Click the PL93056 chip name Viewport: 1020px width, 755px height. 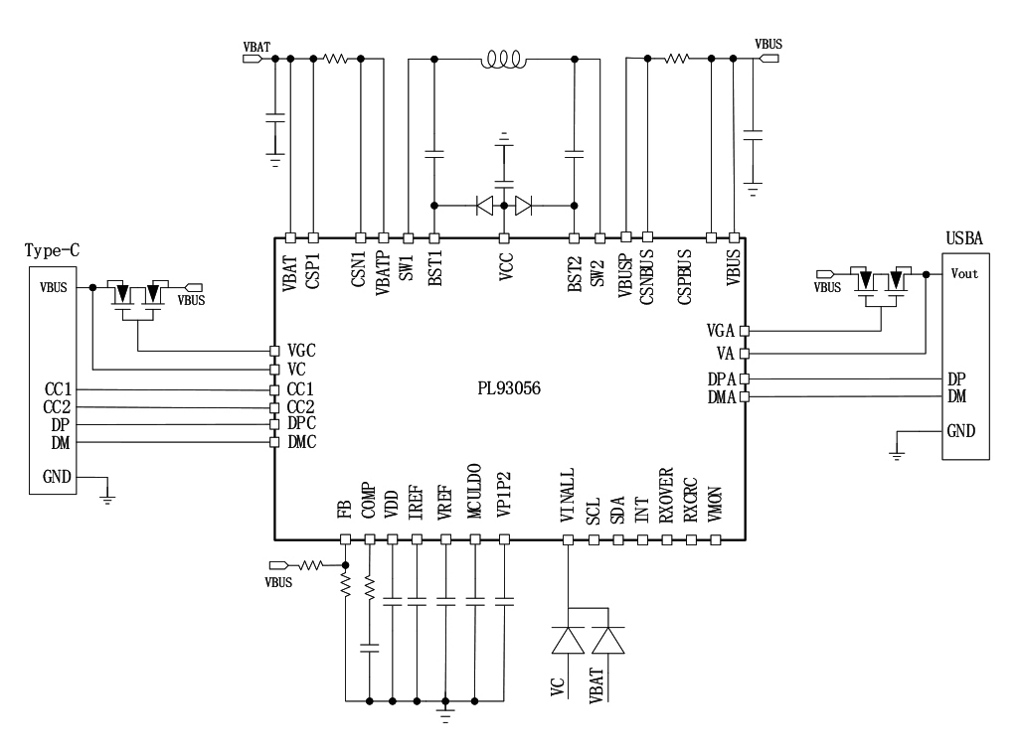click(x=509, y=388)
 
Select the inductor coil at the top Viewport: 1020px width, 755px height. click(x=503, y=62)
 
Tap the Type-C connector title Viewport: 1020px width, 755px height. click(x=52, y=250)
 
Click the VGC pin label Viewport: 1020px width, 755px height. click(x=301, y=351)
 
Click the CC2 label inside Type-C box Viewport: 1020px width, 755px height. click(x=56, y=406)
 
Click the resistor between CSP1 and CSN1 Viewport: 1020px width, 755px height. click(x=336, y=59)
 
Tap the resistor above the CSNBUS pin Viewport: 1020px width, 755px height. click(x=677, y=59)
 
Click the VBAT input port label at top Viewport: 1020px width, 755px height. click(x=255, y=46)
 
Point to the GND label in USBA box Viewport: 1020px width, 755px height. click(x=959, y=431)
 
